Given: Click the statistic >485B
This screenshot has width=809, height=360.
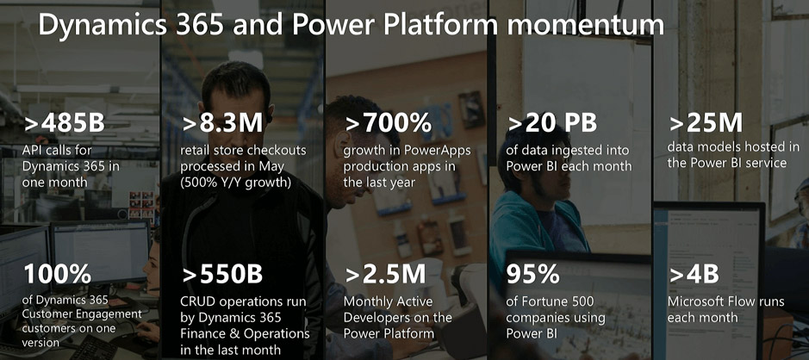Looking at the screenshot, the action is point(64,123).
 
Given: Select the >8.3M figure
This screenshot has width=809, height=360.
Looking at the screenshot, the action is point(222,123).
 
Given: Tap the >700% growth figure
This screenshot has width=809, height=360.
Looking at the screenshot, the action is point(389,123).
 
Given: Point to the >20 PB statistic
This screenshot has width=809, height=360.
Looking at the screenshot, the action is point(552,123).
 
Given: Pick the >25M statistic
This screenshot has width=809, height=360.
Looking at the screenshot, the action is point(706,123).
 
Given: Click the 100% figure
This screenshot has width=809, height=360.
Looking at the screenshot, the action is point(57,275).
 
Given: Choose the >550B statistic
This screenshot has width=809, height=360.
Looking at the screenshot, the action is point(222,275).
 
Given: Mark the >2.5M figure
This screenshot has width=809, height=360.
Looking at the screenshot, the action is point(385,275).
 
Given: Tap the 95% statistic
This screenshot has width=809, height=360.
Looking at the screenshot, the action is point(533,275).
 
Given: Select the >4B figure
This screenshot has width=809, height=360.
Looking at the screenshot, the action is point(694,275).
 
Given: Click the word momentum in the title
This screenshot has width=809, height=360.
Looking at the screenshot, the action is point(586,25).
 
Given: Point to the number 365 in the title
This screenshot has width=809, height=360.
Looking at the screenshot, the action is point(200,25).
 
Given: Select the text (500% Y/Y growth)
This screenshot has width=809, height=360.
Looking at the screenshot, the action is point(237,183).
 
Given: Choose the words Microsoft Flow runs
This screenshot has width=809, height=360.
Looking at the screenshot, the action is point(726,301).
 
